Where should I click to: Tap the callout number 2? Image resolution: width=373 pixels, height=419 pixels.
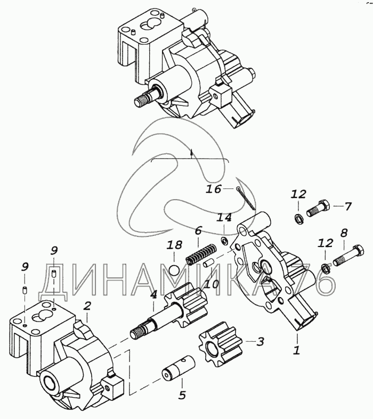pos(87,306)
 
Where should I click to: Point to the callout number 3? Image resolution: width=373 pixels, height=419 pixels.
pos(260,342)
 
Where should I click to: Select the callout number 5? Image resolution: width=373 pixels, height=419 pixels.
pos(182,396)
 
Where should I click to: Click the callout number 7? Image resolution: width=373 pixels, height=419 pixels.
pos(348,206)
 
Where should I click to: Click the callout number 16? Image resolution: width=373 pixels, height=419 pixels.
pos(214,188)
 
